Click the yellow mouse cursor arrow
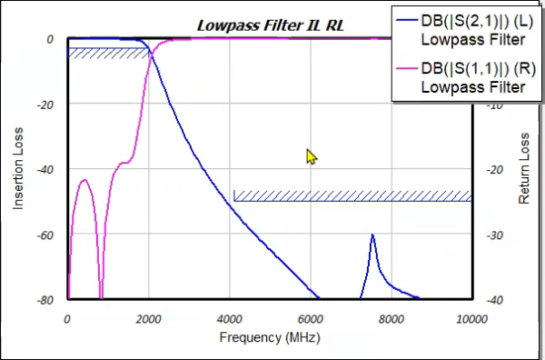coord(312,157)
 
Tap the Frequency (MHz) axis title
coord(269,338)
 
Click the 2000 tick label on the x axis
coord(148,318)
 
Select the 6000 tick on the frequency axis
coord(311,318)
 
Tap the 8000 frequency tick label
coord(391,318)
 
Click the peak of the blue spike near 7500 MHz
coord(372,235)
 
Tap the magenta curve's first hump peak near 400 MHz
coord(84,180)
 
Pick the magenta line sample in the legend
coord(404,70)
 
